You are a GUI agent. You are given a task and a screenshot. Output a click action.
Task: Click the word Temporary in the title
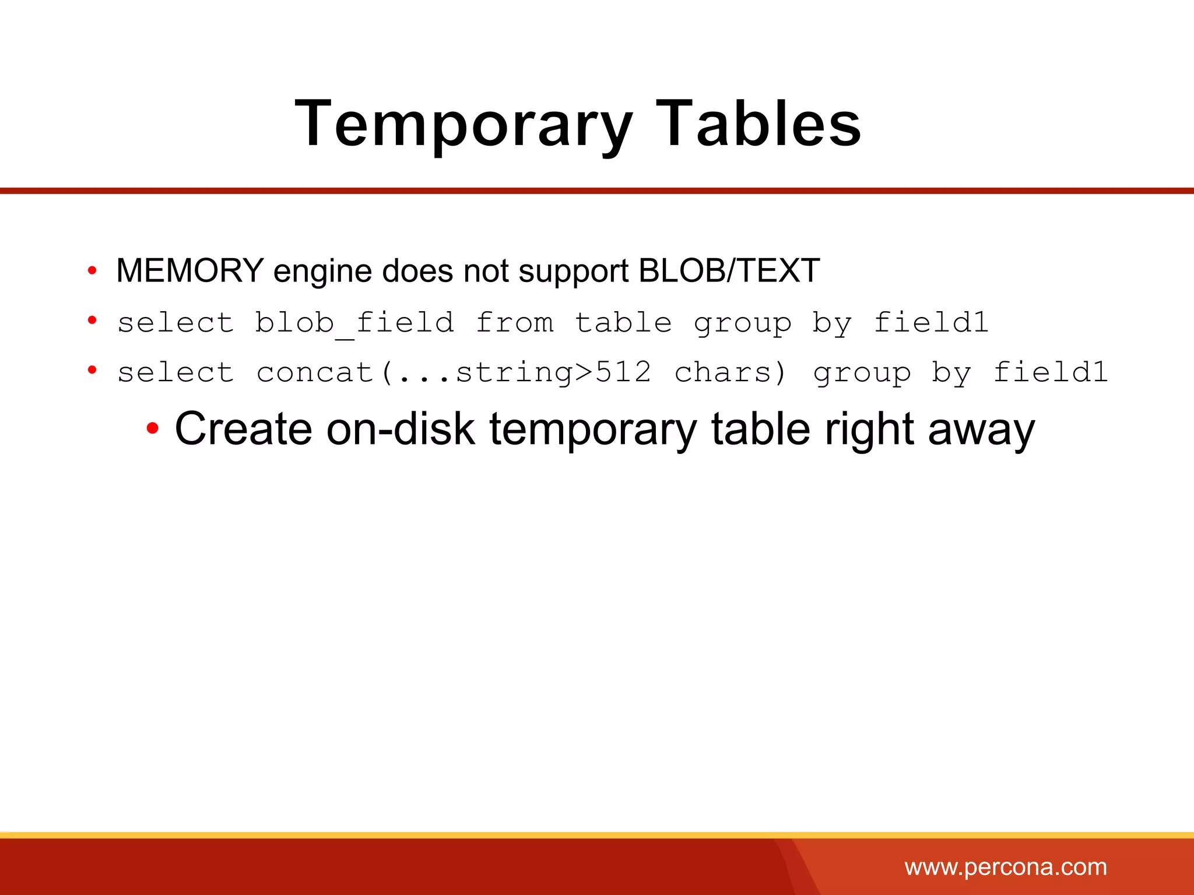click(463, 124)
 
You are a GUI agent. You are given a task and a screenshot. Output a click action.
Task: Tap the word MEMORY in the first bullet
click(190, 271)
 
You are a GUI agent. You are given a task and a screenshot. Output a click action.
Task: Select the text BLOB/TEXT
click(729, 271)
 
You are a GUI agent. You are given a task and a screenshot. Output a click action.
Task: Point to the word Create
click(243, 429)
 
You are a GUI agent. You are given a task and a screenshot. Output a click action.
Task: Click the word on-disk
click(401, 429)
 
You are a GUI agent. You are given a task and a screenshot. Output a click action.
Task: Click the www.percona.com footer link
click(1006, 867)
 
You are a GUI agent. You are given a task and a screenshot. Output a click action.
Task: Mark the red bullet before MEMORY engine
click(92, 270)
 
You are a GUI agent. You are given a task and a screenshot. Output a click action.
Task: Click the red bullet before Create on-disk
click(152, 429)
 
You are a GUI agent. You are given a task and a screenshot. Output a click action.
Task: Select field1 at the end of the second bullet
click(931, 323)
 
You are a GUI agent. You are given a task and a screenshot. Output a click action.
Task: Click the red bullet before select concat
click(92, 370)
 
